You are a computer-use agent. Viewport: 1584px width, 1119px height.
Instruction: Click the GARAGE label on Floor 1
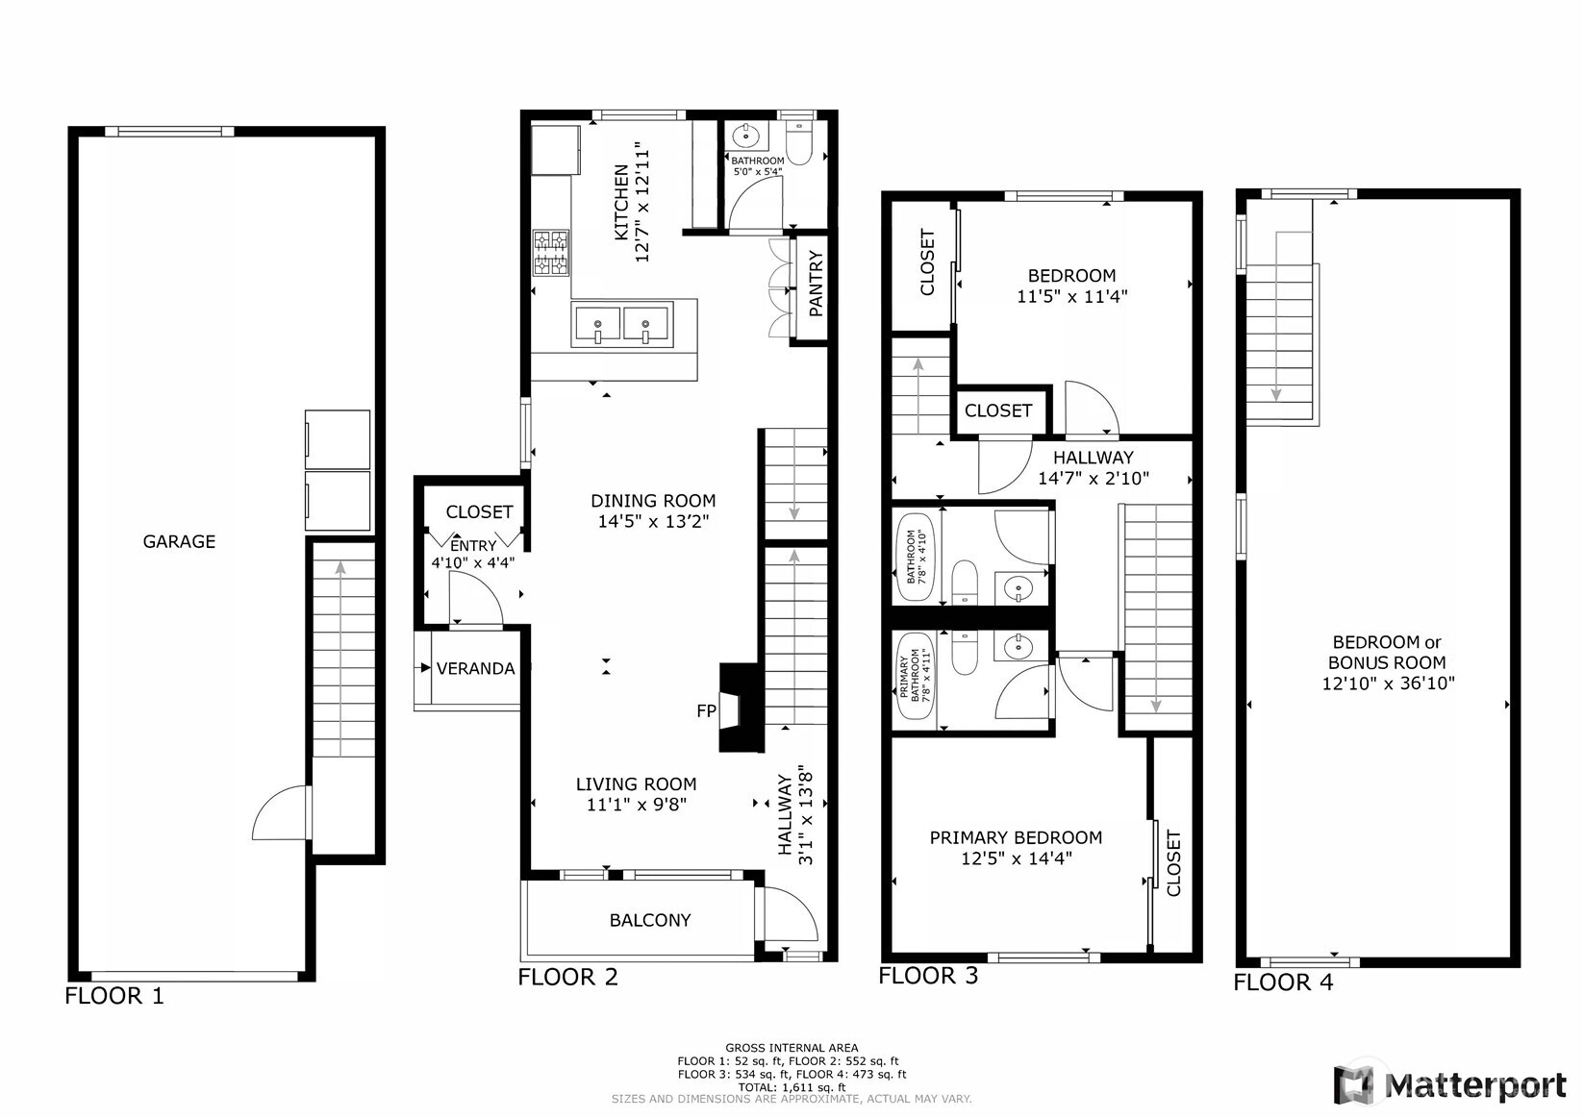[179, 541]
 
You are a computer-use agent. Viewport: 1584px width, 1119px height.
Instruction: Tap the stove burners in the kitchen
[551, 253]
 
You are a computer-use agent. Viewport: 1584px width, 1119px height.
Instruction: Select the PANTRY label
[816, 285]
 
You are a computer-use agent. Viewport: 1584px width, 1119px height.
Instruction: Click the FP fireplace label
[707, 711]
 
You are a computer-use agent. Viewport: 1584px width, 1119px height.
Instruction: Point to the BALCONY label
[650, 920]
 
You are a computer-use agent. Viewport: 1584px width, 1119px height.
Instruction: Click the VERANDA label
[475, 668]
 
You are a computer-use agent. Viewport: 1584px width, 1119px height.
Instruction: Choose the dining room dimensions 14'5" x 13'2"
[653, 522]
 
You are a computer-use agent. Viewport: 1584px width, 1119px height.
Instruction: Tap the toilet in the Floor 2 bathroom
[799, 144]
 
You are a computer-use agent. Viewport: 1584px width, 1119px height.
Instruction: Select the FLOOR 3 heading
[928, 976]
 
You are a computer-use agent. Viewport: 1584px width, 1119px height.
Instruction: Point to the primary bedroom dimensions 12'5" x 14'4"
[1017, 858]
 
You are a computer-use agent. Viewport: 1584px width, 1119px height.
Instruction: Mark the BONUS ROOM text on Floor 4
[1387, 662]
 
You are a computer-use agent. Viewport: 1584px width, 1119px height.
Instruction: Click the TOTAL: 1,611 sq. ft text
[792, 1087]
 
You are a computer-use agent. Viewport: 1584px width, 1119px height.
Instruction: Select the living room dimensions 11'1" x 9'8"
[637, 805]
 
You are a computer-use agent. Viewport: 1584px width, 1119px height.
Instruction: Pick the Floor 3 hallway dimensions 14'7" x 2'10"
[1094, 479]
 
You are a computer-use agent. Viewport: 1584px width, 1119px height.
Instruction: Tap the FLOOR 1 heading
[113, 996]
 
